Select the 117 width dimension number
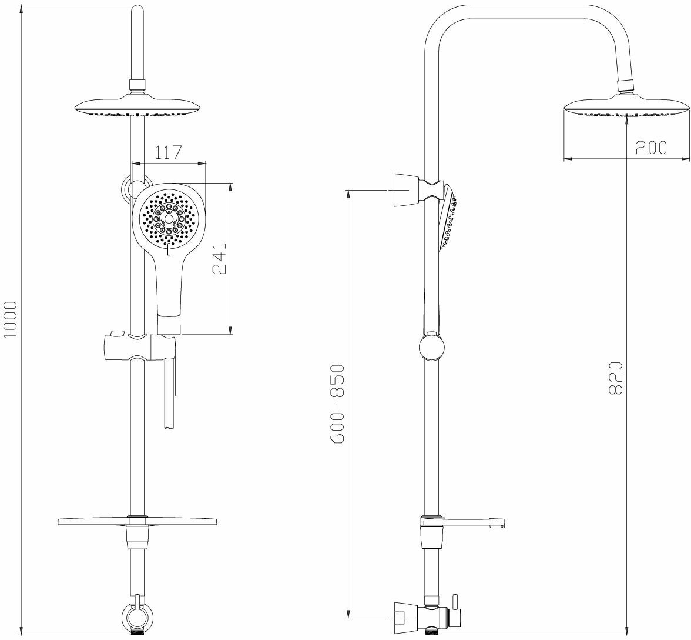point(168,152)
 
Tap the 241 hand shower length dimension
point(219,258)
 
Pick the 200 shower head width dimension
point(651,148)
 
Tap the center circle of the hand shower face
point(170,219)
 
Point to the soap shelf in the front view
point(137,522)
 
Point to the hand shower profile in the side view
point(448,218)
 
